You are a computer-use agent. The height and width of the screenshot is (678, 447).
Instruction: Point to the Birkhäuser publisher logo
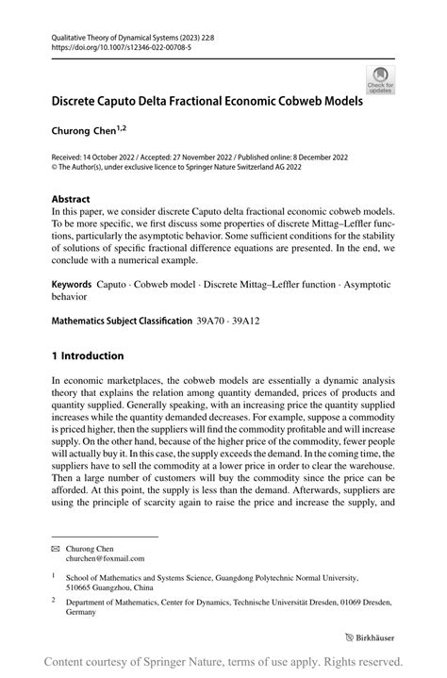pyautogui.click(x=371, y=637)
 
